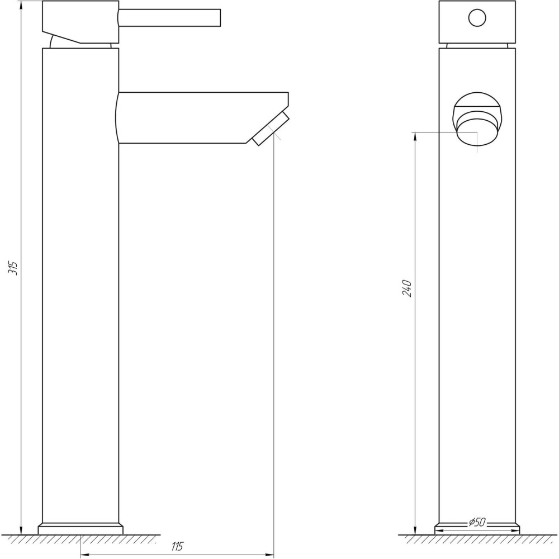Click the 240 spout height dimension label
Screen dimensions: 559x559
[x=408, y=287]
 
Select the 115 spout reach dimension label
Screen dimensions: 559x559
[x=178, y=547]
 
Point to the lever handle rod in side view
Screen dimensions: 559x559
[x=170, y=17]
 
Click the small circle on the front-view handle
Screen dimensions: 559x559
[x=477, y=19]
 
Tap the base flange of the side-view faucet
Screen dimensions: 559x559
[x=80, y=528]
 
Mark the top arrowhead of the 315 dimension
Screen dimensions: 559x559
[x=21, y=4]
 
